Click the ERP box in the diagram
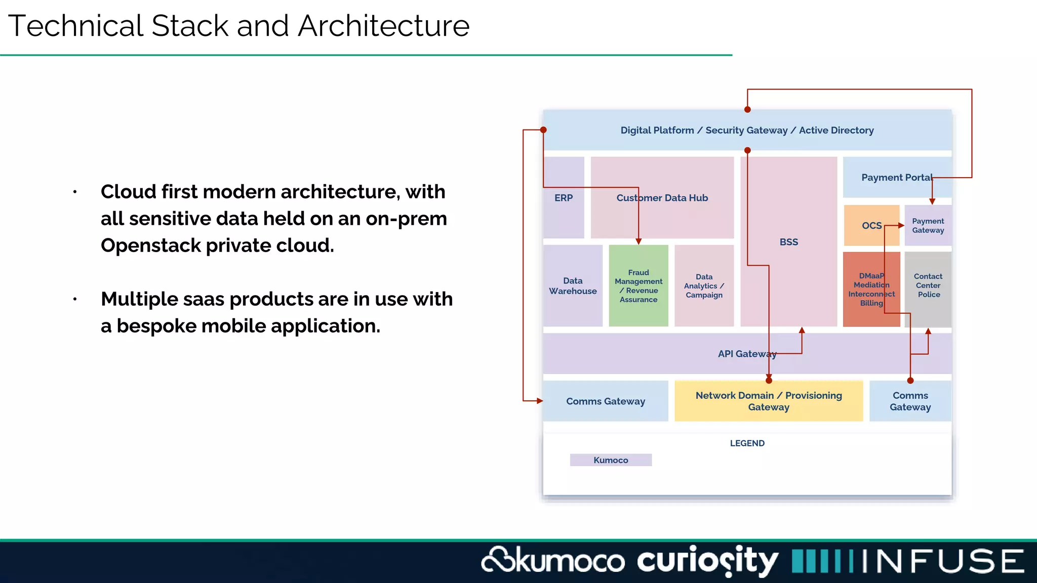pyautogui.click(x=564, y=198)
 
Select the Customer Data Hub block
pyautogui.click(x=662, y=198)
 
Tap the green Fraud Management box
pyautogui.click(x=639, y=286)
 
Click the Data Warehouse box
pyautogui.click(x=573, y=286)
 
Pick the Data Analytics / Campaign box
pyautogui.click(x=704, y=286)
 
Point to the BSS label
pyautogui.click(x=788, y=242)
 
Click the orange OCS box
pyautogui.click(x=871, y=225)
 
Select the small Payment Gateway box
pyautogui.click(x=928, y=226)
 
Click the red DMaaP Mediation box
pyautogui.click(x=871, y=289)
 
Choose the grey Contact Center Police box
pyautogui.click(x=928, y=285)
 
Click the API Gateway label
pyautogui.click(x=747, y=354)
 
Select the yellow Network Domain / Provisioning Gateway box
pyautogui.click(x=768, y=401)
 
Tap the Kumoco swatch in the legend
pyautogui.click(x=611, y=460)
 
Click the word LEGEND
pyautogui.click(x=747, y=443)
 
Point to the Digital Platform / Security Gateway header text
pyautogui.click(x=747, y=131)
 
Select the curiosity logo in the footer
pyautogui.click(x=707, y=561)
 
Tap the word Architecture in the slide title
pyautogui.click(x=383, y=26)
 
